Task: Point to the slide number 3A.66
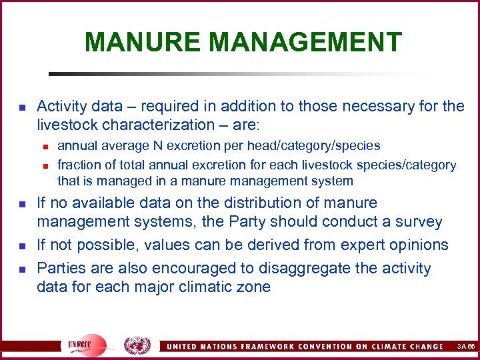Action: (466, 347)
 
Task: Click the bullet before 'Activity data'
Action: (22, 107)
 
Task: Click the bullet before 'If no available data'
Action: (22, 203)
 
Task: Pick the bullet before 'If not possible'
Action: (22, 245)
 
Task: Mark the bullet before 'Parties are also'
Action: (22, 269)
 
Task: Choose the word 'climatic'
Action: (207, 287)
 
